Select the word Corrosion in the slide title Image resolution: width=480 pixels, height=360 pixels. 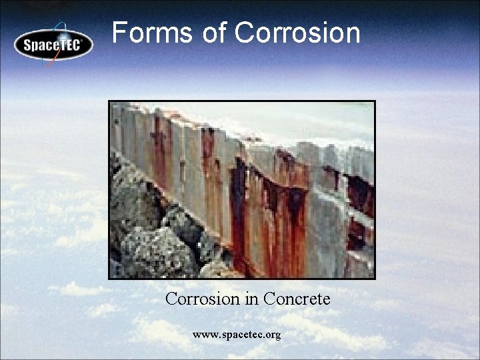tap(298, 33)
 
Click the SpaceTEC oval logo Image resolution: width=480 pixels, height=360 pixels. tap(53, 45)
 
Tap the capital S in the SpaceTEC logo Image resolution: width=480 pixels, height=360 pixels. tap(28, 46)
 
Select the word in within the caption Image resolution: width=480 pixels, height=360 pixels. tap(252, 299)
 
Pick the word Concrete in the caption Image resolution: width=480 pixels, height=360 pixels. tap(297, 299)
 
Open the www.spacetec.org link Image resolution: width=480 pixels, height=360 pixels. tap(237, 334)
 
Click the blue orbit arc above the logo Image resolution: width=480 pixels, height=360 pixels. tap(67, 27)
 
